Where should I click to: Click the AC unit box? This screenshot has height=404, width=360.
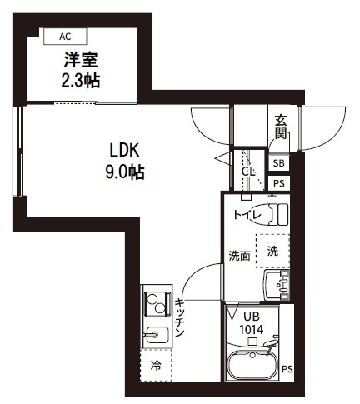(x=65, y=37)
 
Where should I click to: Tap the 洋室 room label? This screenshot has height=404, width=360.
(x=81, y=60)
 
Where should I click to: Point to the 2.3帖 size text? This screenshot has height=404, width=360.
(x=81, y=81)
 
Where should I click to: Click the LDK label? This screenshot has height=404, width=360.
(x=124, y=151)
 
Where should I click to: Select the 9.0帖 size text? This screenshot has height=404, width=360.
(x=125, y=172)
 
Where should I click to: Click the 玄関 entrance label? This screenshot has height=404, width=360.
(x=281, y=127)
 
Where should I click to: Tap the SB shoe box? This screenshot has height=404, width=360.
(x=279, y=163)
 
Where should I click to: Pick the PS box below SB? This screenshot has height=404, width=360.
(x=279, y=183)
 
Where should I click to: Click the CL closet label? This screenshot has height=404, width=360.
(x=247, y=172)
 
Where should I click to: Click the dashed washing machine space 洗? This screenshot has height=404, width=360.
(x=272, y=251)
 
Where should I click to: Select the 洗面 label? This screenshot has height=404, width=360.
(x=239, y=256)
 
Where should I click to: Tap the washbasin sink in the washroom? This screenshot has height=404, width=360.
(x=277, y=285)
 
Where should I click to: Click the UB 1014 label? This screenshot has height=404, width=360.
(x=252, y=323)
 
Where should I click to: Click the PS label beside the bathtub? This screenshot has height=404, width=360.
(x=287, y=369)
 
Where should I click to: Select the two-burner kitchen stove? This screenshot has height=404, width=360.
(x=157, y=304)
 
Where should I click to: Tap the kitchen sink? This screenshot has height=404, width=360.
(x=156, y=334)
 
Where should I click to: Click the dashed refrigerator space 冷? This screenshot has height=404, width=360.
(x=156, y=366)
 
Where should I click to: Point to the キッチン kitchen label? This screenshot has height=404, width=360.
(x=179, y=317)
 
